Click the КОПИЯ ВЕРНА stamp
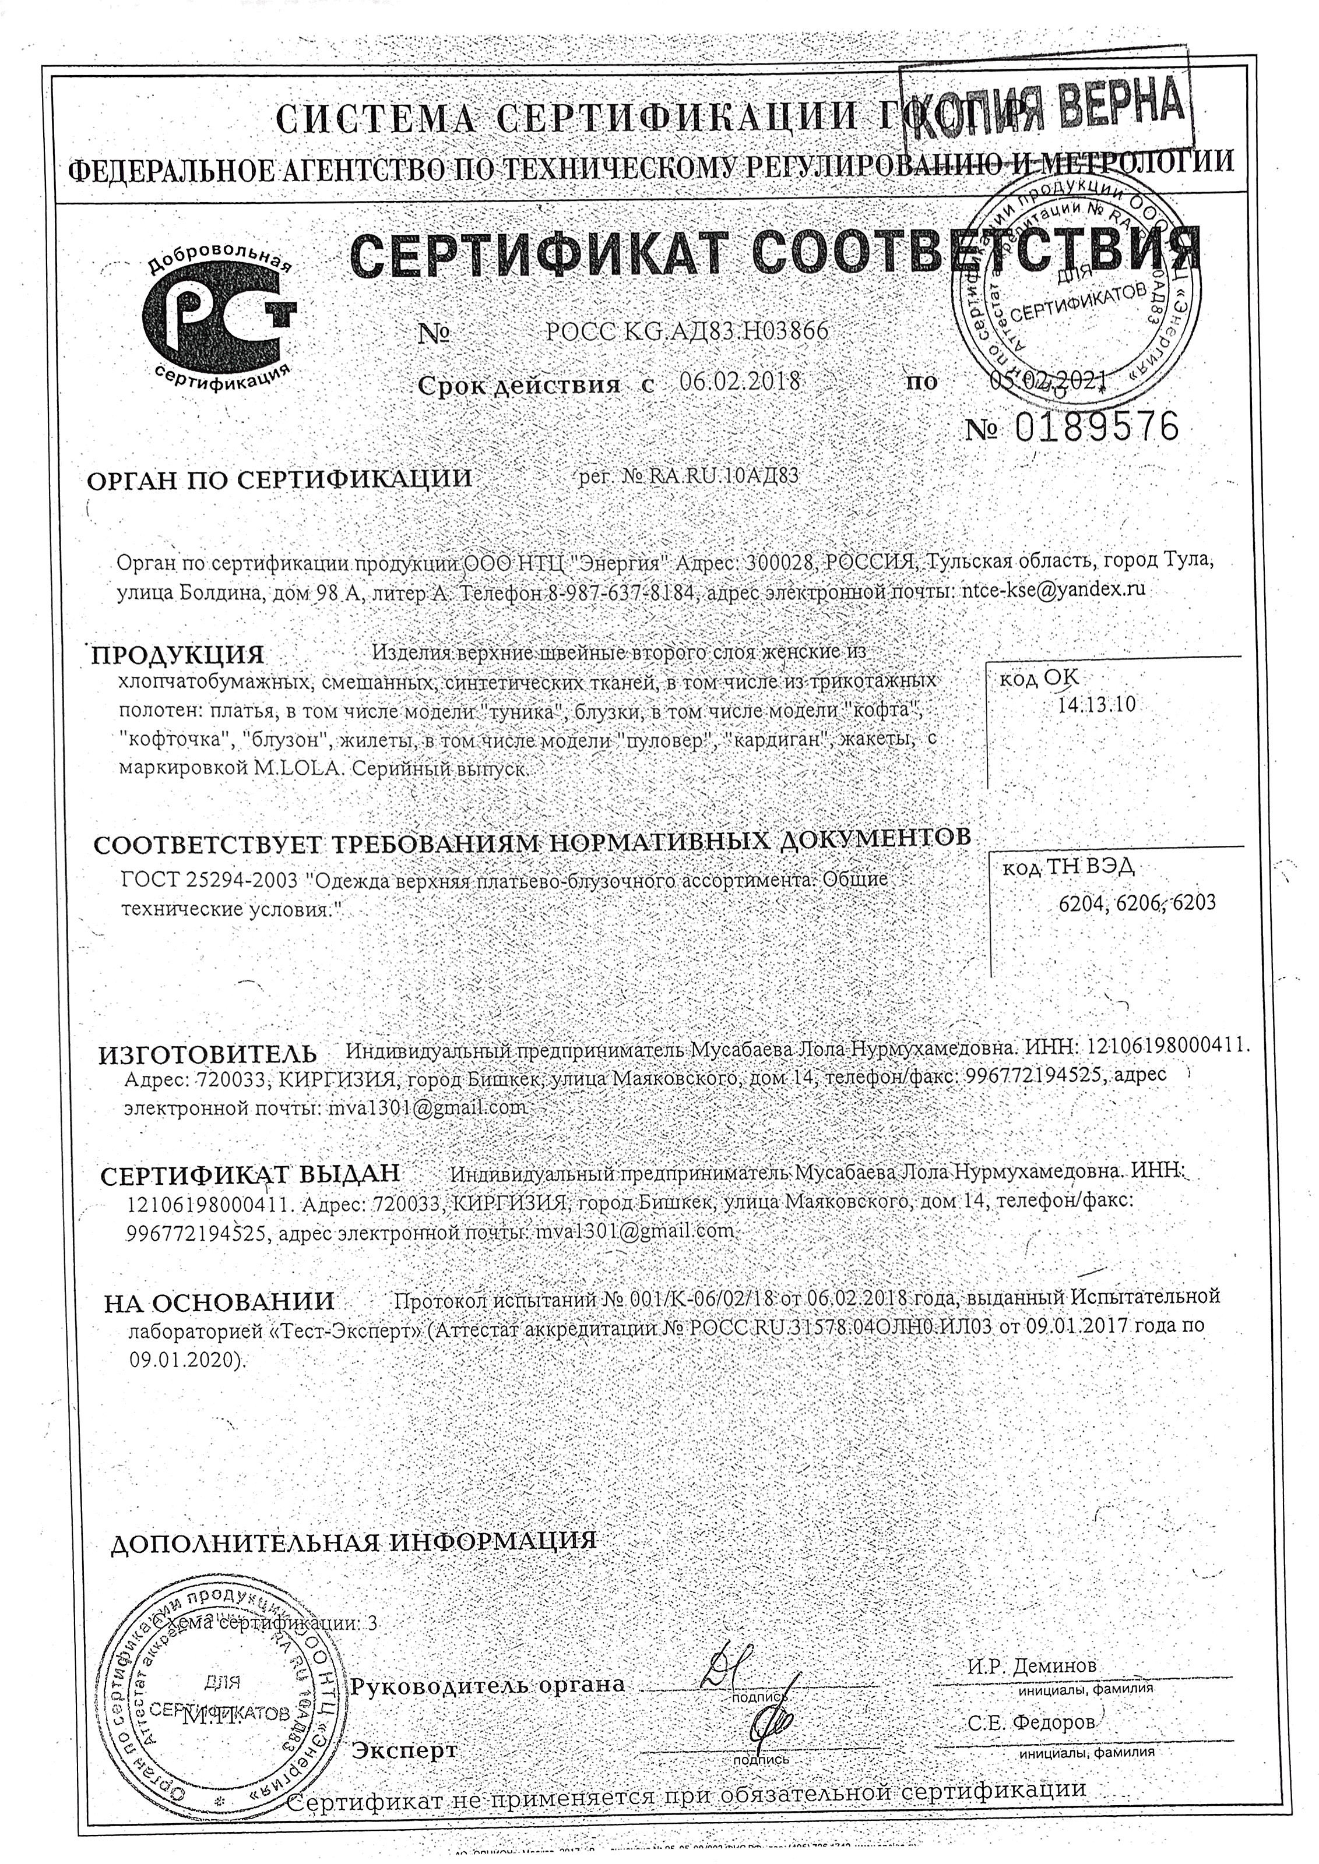[x=1049, y=110]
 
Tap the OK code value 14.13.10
[x=1096, y=705]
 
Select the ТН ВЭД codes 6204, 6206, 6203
[x=1137, y=903]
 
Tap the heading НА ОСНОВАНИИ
[x=219, y=1301]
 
